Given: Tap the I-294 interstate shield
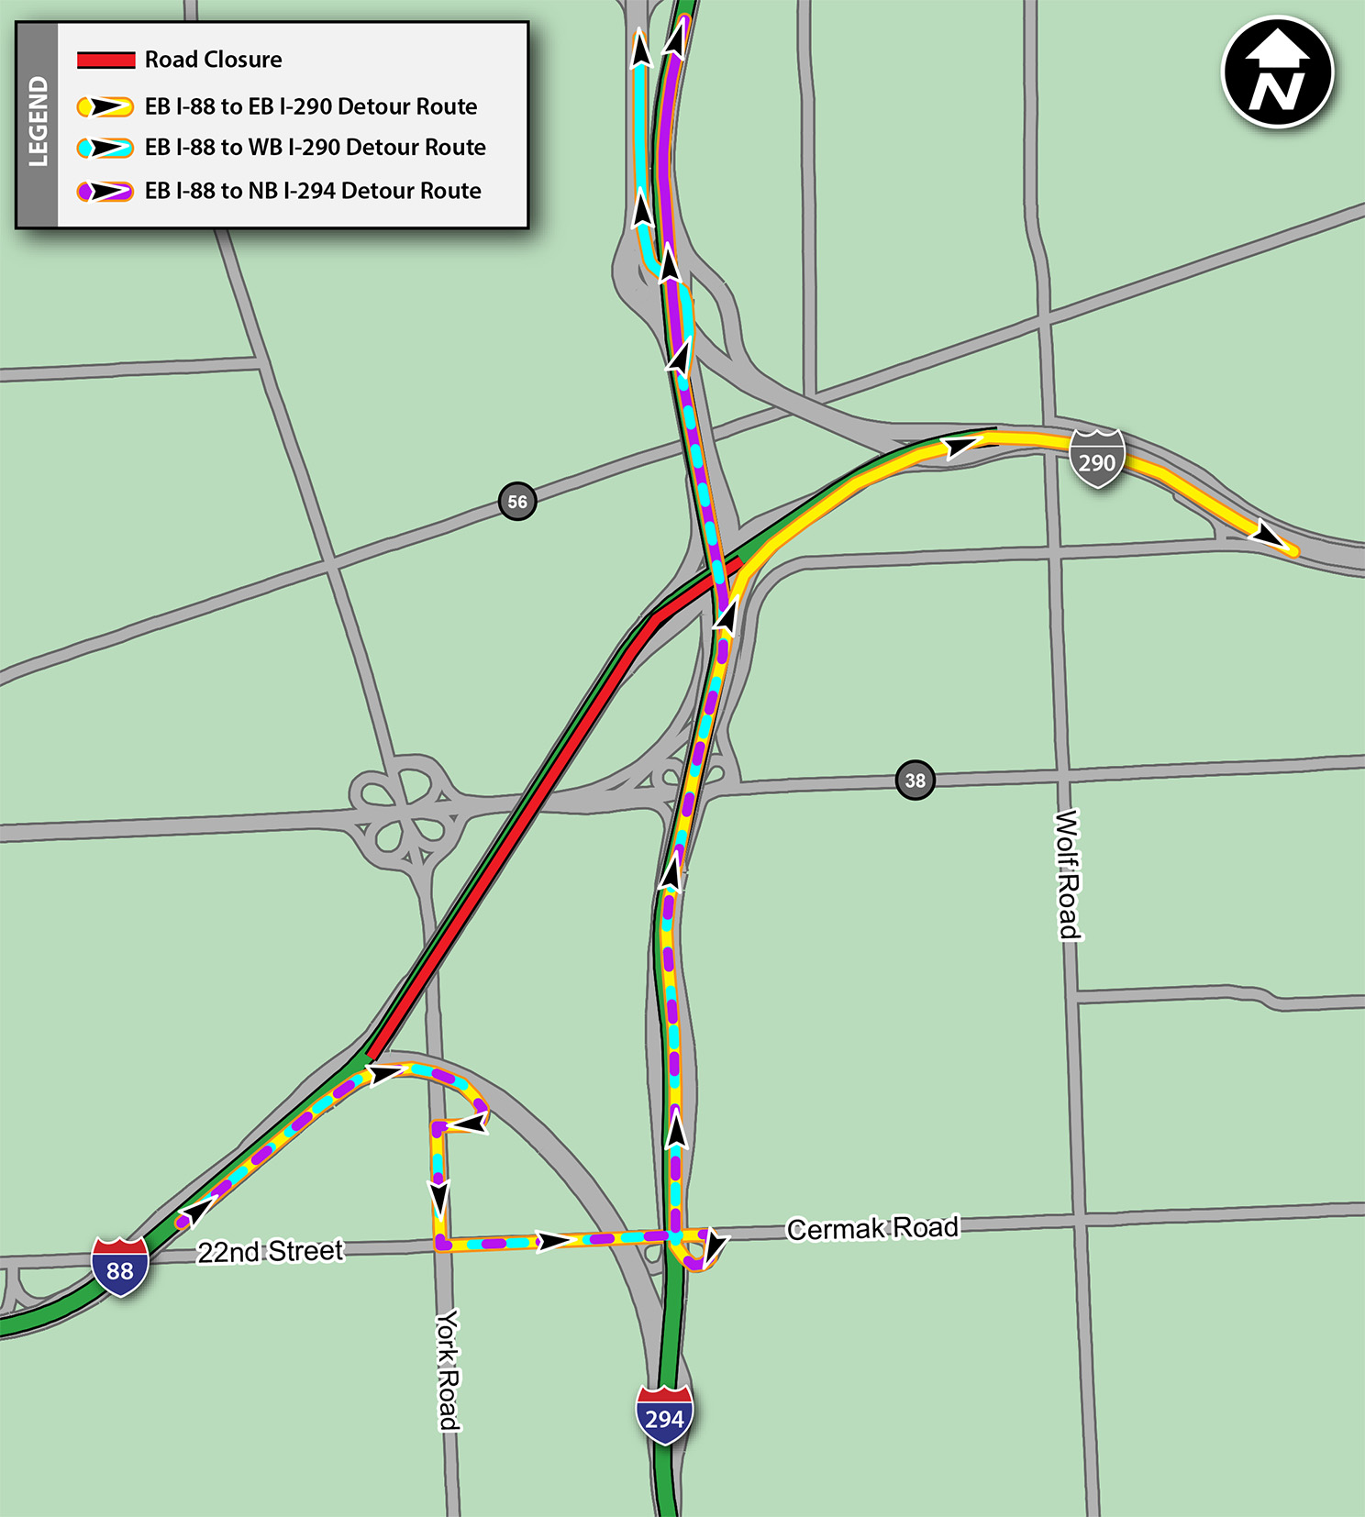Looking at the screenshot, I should click(664, 1415).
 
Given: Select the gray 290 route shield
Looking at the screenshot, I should click(1097, 460).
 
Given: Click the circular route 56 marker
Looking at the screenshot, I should click(517, 502).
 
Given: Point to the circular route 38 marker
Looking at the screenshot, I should click(915, 781).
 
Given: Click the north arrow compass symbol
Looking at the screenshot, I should click(1278, 72).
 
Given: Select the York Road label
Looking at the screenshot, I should click(448, 1369).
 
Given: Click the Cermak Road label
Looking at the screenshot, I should click(872, 1228).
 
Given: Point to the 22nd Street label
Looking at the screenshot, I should click(271, 1251).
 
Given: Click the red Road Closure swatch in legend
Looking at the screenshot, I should click(105, 61).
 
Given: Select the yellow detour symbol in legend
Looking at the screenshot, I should click(105, 107).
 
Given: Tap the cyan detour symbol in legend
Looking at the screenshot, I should click(105, 148).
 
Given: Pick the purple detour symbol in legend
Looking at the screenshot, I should click(105, 192).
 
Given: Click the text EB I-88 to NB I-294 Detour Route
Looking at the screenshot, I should click(313, 191).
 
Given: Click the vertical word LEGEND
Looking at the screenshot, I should click(38, 122).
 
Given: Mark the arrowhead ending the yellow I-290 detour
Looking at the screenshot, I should click(1271, 537).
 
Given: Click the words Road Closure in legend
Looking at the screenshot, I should click(213, 60).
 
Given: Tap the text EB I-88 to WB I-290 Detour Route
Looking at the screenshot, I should click(315, 148).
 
